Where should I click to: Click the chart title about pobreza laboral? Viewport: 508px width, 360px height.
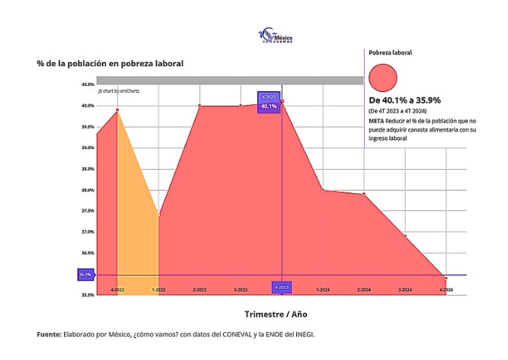[110, 63]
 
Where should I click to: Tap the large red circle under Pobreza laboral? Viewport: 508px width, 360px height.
[382, 79]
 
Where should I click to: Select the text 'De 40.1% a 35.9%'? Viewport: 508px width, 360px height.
[404, 100]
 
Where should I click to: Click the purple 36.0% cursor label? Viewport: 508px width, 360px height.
[85, 274]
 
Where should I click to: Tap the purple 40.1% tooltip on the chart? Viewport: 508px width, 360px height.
[269, 107]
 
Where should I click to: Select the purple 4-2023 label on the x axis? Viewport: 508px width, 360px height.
[282, 288]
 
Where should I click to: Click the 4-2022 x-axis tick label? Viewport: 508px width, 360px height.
[117, 289]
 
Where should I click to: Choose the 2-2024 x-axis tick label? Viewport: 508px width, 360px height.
[364, 289]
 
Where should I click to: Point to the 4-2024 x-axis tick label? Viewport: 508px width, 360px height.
[446, 289]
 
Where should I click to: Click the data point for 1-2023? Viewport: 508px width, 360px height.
[158, 215]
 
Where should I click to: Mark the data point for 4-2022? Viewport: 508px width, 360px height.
[117, 110]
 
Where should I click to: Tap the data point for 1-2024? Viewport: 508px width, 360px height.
[323, 190]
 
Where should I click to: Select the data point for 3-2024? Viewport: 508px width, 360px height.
[405, 236]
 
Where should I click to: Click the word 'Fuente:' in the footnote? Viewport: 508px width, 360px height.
[50, 334]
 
